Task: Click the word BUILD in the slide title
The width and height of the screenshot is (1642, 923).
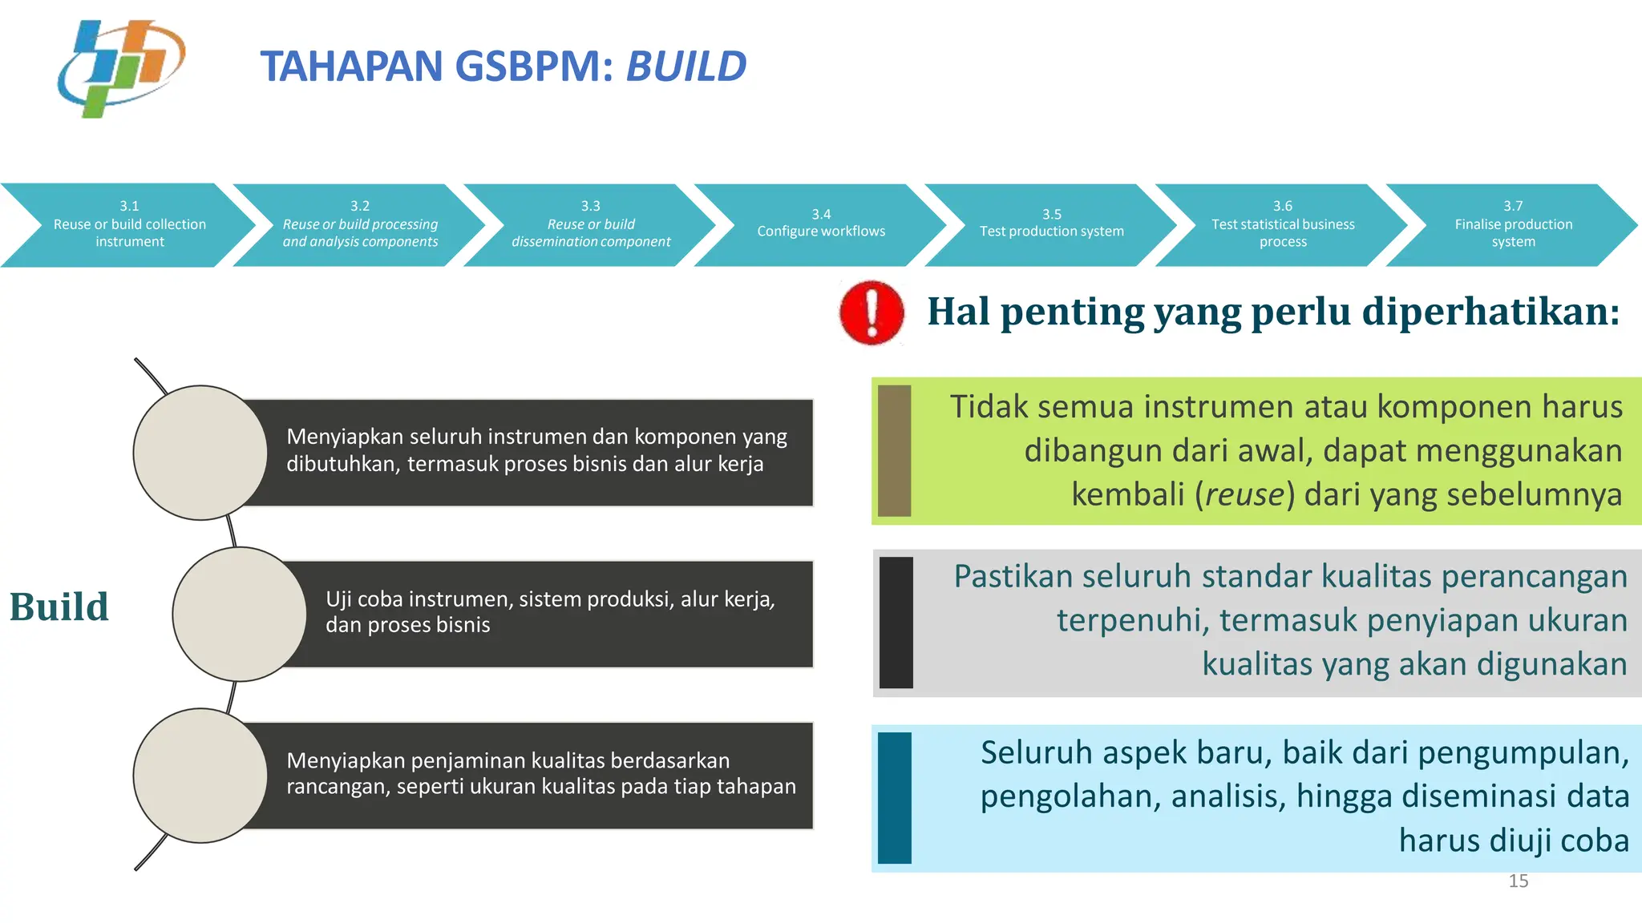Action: (686, 67)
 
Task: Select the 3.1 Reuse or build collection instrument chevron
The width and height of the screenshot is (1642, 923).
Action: (129, 225)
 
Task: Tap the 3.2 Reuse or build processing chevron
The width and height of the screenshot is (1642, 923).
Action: (360, 225)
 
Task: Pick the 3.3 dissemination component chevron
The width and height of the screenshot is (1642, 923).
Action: (591, 225)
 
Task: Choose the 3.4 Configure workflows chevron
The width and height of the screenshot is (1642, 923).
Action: (821, 224)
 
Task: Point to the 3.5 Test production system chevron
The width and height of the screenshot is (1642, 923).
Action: (1051, 224)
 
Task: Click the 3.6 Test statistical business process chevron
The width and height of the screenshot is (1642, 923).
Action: (1282, 225)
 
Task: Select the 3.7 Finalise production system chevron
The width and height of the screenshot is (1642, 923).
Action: (1513, 225)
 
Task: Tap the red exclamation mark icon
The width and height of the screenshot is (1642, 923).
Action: (872, 312)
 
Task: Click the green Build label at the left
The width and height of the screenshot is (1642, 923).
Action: (59, 607)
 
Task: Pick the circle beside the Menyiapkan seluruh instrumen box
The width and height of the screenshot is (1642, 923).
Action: (200, 453)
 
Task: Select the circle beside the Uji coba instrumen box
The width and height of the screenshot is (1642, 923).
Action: (239, 615)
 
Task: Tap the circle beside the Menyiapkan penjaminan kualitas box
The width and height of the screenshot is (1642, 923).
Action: (200, 776)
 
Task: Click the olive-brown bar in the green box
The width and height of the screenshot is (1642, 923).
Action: (894, 450)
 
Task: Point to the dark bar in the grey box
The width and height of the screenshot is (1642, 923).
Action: (896, 623)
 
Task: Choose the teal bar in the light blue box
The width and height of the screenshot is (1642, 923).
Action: (894, 798)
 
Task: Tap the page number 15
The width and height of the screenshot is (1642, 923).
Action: (1518, 881)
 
